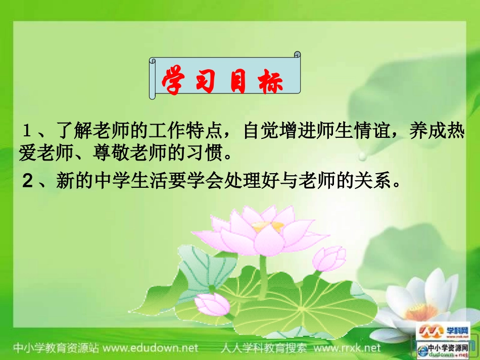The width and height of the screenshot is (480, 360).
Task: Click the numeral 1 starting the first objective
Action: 27,132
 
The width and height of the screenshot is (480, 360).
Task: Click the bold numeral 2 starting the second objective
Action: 27,180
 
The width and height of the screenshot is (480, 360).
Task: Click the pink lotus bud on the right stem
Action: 329,258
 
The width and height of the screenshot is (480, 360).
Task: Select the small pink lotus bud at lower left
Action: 212,303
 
